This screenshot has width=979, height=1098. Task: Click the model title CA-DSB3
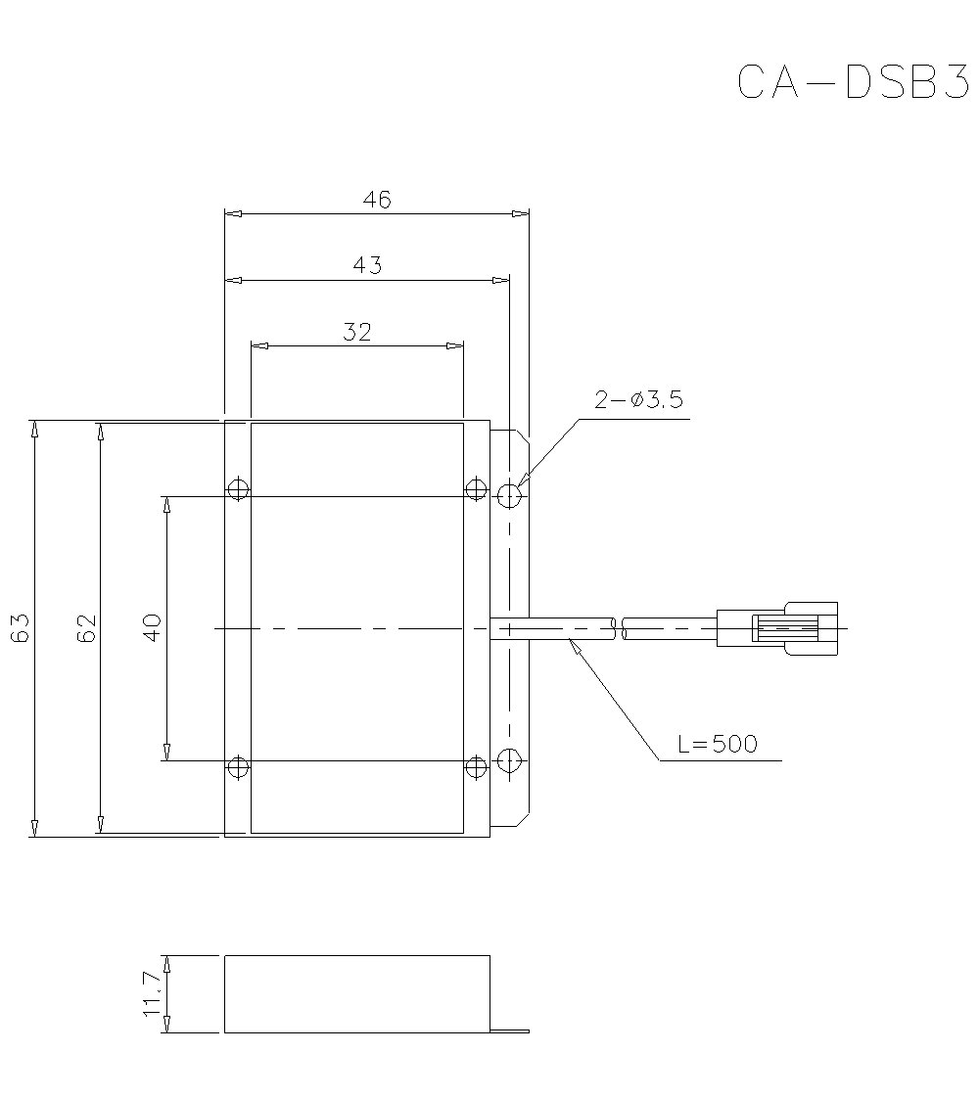851,83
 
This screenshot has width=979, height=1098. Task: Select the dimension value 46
377,200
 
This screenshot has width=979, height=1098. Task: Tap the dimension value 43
367,265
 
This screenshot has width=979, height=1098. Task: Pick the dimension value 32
357,332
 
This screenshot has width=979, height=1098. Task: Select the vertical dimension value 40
152,627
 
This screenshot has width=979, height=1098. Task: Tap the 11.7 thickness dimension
152,994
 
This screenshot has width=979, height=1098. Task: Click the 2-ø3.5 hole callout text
638,399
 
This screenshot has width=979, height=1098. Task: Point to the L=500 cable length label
718,744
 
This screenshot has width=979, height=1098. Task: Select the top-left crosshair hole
238,489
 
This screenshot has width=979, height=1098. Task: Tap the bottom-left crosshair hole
238,767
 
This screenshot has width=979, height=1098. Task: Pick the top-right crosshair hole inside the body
476,489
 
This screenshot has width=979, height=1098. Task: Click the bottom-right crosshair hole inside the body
476,767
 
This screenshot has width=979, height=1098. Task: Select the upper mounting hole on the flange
509,495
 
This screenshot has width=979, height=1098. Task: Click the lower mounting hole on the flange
509,759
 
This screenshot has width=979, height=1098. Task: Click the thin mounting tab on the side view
509,1029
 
